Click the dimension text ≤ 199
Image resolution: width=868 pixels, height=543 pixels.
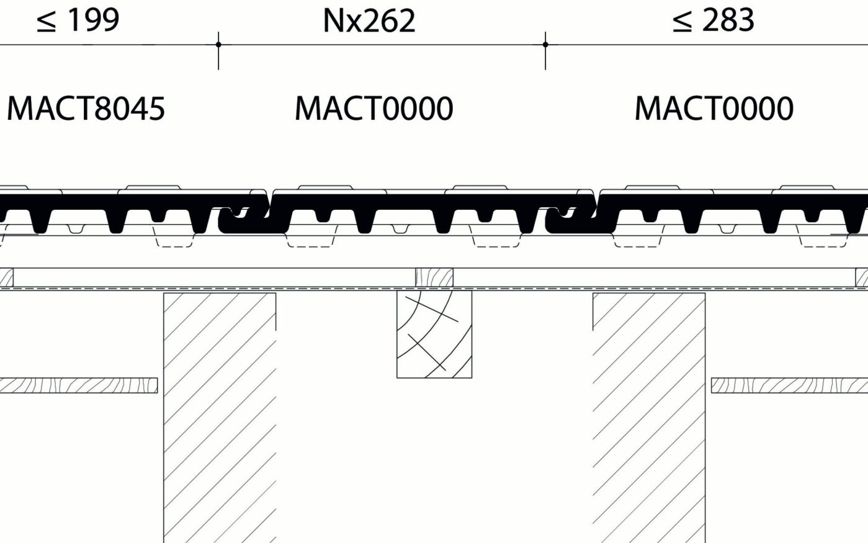click(78, 20)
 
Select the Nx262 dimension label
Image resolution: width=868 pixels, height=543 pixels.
click(369, 20)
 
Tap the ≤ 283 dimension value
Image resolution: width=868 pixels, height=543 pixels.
click(713, 20)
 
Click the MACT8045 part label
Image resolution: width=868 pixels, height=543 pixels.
click(86, 109)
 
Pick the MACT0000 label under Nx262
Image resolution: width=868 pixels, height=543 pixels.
click(374, 109)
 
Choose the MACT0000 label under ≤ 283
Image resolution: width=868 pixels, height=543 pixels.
click(714, 109)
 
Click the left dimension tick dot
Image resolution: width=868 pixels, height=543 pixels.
click(218, 45)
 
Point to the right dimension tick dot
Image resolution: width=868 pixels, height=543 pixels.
click(545, 45)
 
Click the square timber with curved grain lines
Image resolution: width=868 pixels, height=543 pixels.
click(434, 334)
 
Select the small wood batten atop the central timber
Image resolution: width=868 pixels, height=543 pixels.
click(434, 277)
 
